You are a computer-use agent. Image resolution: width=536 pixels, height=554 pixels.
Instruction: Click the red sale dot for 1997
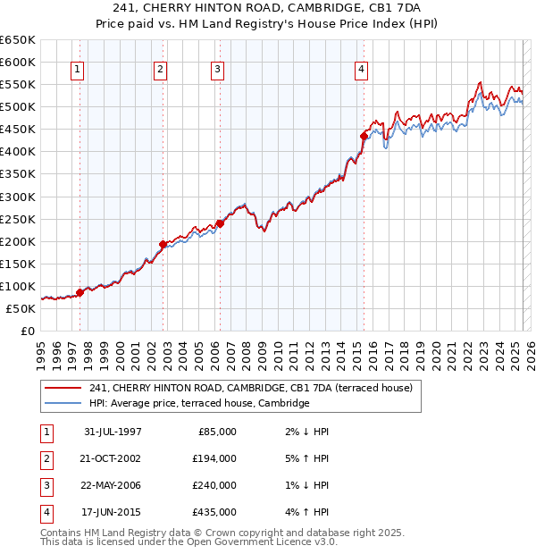[x=80, y=292]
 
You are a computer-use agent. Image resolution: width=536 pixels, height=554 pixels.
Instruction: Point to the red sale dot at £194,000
[x=163, y=243]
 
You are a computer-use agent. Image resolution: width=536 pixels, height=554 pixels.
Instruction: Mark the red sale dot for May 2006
[x=220, y=223]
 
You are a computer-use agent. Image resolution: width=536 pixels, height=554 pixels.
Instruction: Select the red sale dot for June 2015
[x=364, y=136]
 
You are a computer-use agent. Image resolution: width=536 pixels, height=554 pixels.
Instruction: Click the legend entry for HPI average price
[x=198, y=403]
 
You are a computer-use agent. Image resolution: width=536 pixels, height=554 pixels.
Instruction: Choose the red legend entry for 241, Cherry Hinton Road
[x=250, y=388]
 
